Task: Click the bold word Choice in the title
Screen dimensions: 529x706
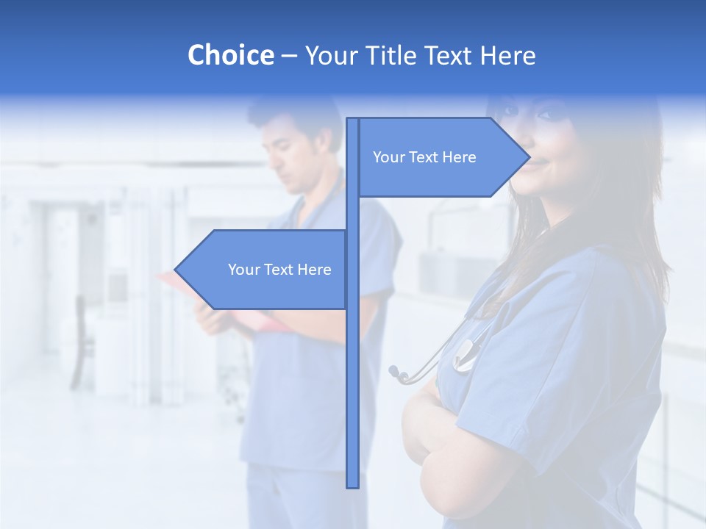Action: point(230,55)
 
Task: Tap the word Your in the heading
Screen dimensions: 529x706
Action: point(330,55)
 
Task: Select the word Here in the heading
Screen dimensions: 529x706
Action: point(507,55)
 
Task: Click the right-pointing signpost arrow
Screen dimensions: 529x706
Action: point(441,157)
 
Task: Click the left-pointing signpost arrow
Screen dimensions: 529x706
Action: point(265,270)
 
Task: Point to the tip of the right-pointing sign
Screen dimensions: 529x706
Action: point(528,156)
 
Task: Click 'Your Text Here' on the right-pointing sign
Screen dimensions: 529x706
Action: point(424,157)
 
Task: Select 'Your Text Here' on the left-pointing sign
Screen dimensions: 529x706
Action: point(279,270)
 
